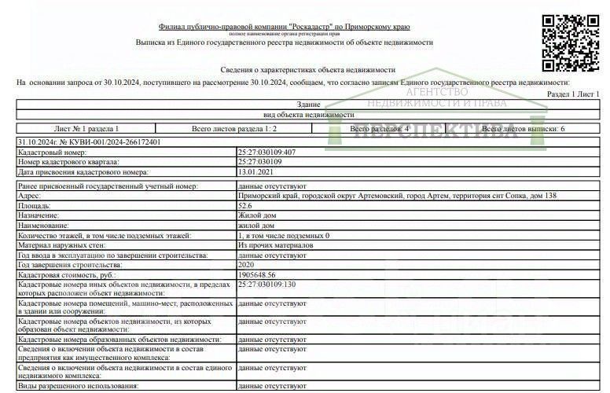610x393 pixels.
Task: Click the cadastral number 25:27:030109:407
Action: [x=266, y=152]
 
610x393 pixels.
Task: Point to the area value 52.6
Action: [x=244, y=204]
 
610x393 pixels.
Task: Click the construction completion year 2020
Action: [x=245, y=266]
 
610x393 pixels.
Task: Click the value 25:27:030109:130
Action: [x=266, y=285]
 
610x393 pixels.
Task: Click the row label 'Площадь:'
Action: [x=35, y=204]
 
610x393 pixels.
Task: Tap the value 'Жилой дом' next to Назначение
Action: [x=256, y=215]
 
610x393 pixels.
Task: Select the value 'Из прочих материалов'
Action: [x=274, y=245]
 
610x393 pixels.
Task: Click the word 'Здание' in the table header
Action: [x=309, y=105]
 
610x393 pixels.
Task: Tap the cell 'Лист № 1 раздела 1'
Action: [x=86, y=127]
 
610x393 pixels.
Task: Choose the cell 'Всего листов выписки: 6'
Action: [x=523, y=127]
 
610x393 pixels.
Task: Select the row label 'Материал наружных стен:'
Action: [x=60, y=245]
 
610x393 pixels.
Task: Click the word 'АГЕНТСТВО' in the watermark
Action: [x=417, y=92]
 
